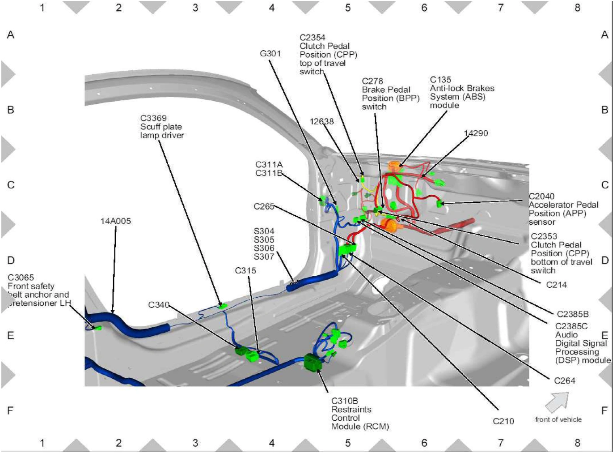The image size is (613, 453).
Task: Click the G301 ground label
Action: coord(271,53)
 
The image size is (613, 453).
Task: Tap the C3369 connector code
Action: coord(153,118)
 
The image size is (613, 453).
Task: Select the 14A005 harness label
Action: coord(115,221)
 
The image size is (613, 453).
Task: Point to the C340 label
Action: coord(159,305)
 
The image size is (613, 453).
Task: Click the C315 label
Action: coord(245,270)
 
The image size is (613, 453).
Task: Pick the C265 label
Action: coord(264,206)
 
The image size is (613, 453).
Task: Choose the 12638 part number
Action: coord(321,121)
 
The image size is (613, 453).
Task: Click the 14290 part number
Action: coord(476,133)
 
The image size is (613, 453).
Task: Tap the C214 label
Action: coord(556,285)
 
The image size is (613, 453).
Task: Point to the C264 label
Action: coord(565,381)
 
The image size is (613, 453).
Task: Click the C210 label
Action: coord(503,421)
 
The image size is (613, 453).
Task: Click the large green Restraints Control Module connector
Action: coord(313,363)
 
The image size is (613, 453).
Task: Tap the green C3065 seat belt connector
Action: coord(98,328)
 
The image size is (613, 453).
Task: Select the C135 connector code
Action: coord(440,80)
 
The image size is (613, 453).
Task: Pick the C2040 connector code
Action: coord(541,196)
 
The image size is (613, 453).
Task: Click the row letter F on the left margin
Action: coord(10,410)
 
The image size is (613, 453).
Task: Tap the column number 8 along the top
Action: coord(577,8)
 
